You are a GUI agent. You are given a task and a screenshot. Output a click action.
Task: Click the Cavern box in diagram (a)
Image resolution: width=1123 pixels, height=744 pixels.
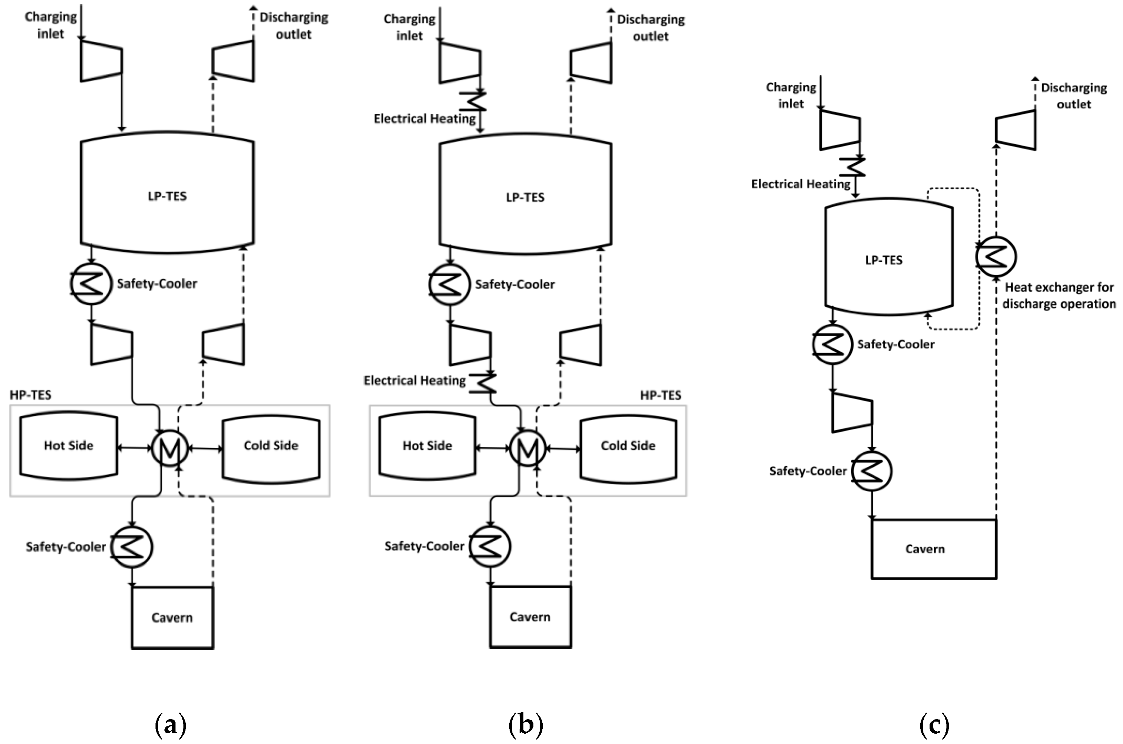click(x=172, y=617)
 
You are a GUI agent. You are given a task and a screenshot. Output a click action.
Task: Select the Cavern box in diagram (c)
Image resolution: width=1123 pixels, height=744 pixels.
click(x=933, y=549)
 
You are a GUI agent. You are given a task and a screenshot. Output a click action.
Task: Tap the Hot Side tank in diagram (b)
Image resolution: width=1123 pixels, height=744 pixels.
click(x=427, y=445)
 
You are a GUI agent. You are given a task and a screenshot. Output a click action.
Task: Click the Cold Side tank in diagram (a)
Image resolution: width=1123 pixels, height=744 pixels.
click(x=271, y=445)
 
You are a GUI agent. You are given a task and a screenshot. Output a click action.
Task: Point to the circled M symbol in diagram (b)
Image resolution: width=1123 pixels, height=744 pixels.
click(x=528, y=448)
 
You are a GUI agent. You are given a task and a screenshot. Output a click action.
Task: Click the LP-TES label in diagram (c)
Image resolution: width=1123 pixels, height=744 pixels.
click(x=883, y=260)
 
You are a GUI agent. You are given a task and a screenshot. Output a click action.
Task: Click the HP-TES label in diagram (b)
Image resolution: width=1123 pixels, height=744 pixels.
click(x=660, y=395)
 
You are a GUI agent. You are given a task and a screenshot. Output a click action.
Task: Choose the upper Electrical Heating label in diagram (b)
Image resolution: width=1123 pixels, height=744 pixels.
click(x=424, y=119)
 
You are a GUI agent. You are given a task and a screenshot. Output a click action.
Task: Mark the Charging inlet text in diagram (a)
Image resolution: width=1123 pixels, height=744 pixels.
click(x=50, y=25)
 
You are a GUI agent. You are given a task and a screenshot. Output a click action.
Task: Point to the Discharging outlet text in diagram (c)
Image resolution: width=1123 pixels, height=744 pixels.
click(x=1074, y=96)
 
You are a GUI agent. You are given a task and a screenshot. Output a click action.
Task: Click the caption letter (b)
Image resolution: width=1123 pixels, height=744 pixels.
click(x=525, y=725)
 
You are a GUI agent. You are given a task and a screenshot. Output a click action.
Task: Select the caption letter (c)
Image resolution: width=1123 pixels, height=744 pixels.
click(x=934, y=725)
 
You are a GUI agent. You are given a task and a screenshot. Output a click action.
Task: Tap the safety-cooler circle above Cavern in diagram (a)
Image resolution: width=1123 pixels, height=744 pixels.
click(x=132, y=546)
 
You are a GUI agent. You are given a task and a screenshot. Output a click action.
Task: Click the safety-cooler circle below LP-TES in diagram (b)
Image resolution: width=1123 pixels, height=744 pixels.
click(x=449, y=284)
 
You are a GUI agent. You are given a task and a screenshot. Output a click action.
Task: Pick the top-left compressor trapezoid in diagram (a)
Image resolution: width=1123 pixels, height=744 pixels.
click(x=101, y=61)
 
